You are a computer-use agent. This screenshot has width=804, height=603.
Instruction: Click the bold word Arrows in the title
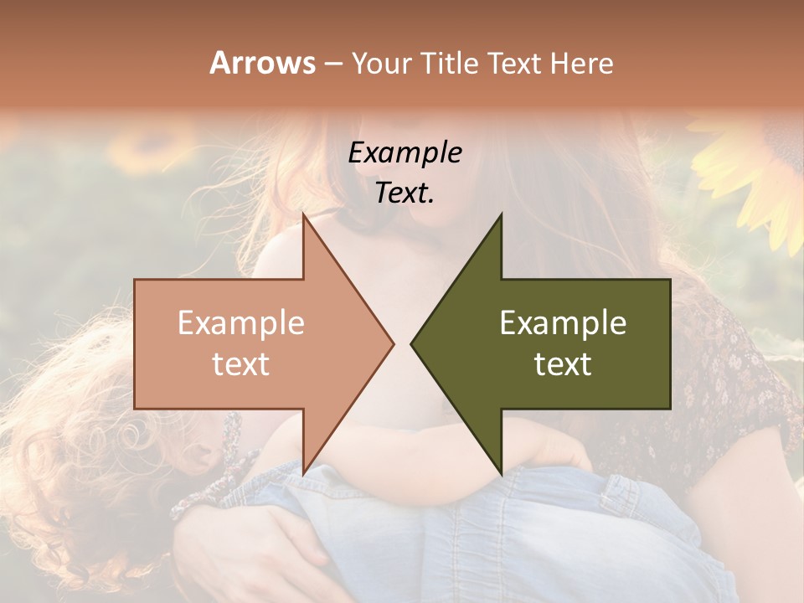click(x=262, y=63)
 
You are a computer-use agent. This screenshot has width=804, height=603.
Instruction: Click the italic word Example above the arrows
click(x=405, y=152)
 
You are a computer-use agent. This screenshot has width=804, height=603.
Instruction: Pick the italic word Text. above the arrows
click(x=405, y=193)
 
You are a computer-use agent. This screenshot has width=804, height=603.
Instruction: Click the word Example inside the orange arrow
click(x=241, y=323)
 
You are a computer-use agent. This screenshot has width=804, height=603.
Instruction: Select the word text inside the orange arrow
click(x=241, y=364)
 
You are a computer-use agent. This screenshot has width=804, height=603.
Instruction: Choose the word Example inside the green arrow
click(x=563, y=323)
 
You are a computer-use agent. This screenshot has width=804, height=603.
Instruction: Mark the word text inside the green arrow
click(x=563, y=364)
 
